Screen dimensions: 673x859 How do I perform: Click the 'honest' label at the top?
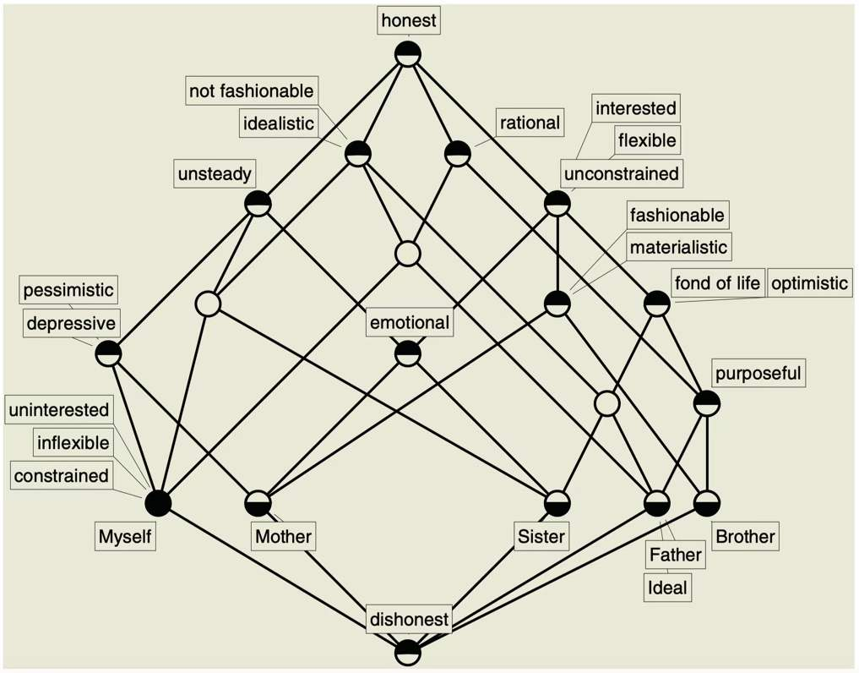(x=408, y=21)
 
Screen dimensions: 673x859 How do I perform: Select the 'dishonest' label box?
(x=409, y=620)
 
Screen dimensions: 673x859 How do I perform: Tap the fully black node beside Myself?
(x=158, y=503)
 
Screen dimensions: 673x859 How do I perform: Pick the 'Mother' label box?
(x=284, y=536)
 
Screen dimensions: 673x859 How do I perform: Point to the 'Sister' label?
(x=541, y=536)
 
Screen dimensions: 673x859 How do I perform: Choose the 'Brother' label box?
(x=745, y=536)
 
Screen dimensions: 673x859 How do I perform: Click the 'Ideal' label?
(x=667, y=587)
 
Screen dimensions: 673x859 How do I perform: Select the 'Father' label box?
(x=676, y=555)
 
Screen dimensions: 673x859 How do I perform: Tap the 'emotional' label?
(x=409, y=322)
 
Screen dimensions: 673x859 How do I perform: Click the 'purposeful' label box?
(x=758, y=373)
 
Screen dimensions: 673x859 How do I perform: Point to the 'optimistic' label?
(x=809, y=282)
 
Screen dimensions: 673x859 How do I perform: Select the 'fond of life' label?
(x=717, y=282)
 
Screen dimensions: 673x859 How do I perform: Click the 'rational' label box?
(x=530, y=123)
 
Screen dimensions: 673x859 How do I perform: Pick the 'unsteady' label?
(x=214, y=175)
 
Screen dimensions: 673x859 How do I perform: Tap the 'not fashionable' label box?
(x=251, y=90)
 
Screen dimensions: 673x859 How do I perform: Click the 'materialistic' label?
(x=677, y=248)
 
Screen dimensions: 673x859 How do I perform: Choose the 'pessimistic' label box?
(x=68, y=290)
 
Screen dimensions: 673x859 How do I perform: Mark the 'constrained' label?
(x=61, y=475)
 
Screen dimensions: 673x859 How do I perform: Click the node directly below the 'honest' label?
(x=408, y=54)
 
